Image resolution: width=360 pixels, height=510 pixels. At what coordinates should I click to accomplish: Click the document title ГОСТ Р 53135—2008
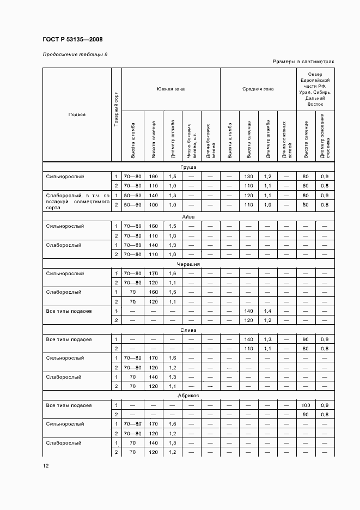pyautogui.click(x=72, y=39)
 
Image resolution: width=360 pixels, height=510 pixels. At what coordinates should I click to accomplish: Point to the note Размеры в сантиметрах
pyautogui.click(x=303, y=62)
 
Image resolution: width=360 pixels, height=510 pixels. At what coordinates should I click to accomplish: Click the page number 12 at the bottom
pyautogui.click(x=46, y=466)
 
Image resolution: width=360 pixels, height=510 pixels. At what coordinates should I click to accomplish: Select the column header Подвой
pyautogui.click(x=77, y=114)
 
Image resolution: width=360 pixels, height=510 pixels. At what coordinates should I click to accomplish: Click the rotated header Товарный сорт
pyautogui.click(x=116, y=114)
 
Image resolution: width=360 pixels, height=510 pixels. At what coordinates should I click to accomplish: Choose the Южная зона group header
pyautogui.click(x=170, y=89)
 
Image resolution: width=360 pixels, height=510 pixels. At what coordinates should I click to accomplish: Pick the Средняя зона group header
pyautogui.click(x=258, y=89)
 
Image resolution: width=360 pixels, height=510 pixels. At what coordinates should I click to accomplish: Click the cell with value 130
pyautogui.click(x=248, y=177)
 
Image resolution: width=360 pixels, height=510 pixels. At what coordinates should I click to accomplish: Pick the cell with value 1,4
pyautogui.click(x=267, y=311)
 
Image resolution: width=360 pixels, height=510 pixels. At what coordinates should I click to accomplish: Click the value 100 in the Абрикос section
pyautogui.click(x=306, y=405)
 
